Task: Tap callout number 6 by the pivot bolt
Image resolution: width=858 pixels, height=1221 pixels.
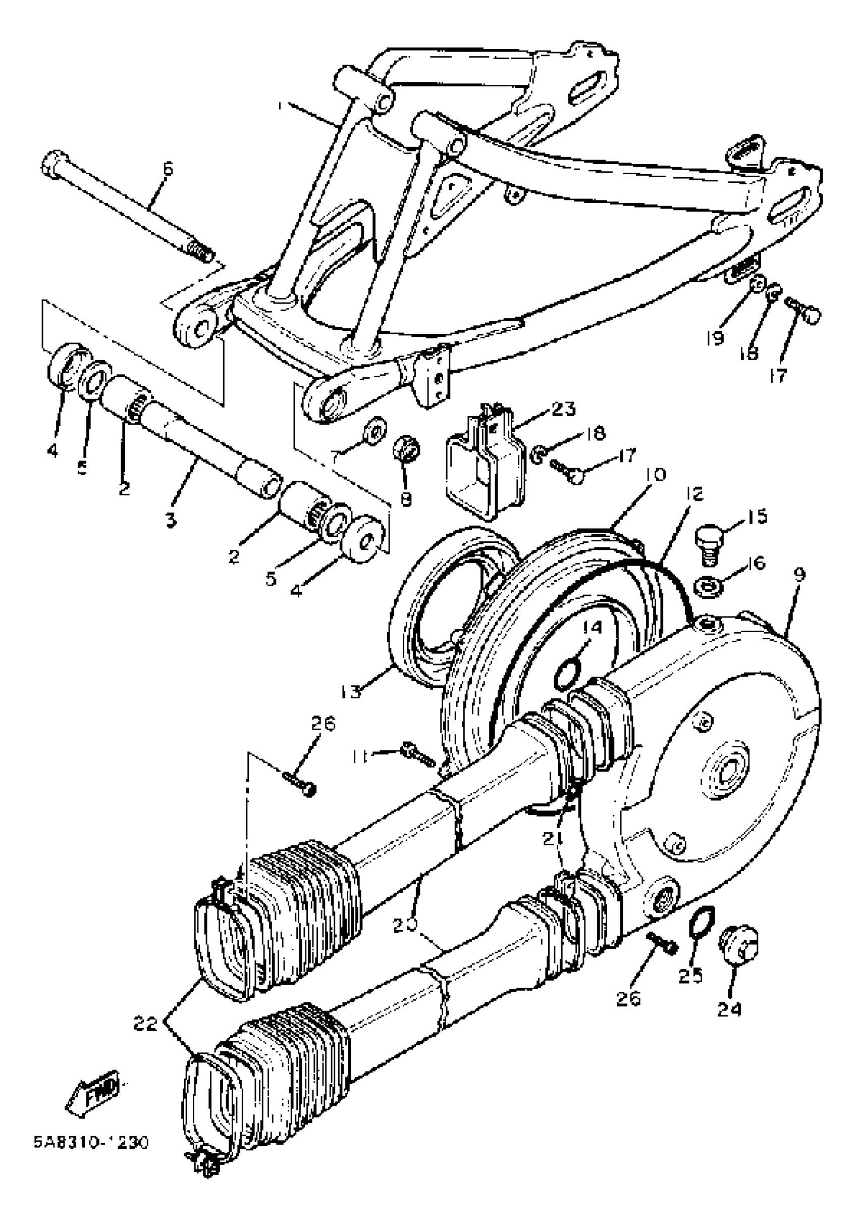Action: tap(167, 169)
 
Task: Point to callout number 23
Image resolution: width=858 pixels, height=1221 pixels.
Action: tap(563, 409)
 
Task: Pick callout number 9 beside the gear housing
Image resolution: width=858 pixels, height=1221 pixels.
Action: tap(799, 574)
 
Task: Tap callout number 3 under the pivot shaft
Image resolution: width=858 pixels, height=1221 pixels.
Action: tap(170, 521)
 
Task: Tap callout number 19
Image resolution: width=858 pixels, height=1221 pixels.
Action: tap(716, 338)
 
